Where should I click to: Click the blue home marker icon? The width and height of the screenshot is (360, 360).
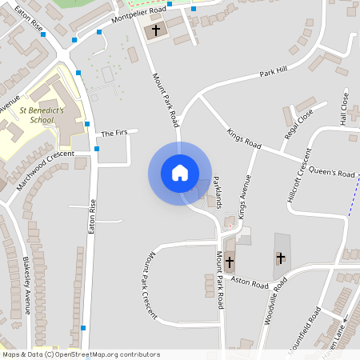179,173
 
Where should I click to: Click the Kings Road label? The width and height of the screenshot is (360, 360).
244,139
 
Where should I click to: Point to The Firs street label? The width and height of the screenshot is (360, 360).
114,133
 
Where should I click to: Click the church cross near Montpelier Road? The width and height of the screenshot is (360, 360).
155,30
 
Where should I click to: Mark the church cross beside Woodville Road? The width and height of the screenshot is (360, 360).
280,258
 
